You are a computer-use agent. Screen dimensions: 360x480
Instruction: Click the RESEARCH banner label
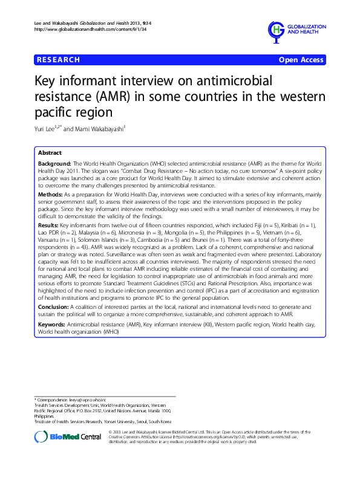[x=59, y=60]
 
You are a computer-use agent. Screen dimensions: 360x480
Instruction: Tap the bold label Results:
[x=48, y=224]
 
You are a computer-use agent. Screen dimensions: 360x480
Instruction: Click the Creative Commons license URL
[x=209, y=436]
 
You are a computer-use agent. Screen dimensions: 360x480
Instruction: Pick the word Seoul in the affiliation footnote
[x=143, y=421]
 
